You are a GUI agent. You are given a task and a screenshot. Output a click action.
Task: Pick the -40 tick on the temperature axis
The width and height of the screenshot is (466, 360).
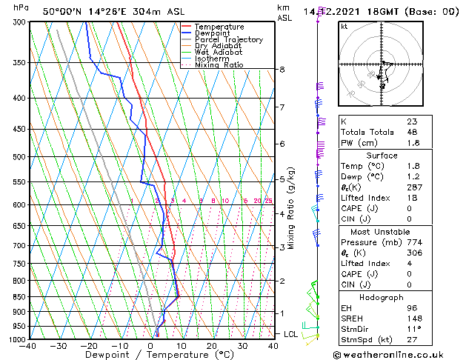pyautogui.click(x=29, y=346)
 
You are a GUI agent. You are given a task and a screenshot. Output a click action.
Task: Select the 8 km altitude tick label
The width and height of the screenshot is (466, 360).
pyautogui.click(x=282, y=70)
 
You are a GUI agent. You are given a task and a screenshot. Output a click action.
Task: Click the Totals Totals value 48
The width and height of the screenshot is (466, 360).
pyautogui.click(x=412, y=132)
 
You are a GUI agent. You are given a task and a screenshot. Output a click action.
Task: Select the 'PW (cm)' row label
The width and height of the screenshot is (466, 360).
pyautogui.click(x=358, y=143)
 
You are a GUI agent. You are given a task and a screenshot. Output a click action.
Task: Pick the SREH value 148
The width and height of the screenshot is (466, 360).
pyautogui.click(x=414, y=319)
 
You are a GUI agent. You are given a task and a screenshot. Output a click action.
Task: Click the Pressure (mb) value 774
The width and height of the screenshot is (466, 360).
pyautogui.click(x=414, y=241)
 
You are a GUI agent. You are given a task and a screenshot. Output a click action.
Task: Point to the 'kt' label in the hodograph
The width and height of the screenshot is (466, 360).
pyautogui.click(x=344, y=27)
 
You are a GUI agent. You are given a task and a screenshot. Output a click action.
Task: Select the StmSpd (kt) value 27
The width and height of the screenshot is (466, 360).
pyautogui.click(x=412, y=340)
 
